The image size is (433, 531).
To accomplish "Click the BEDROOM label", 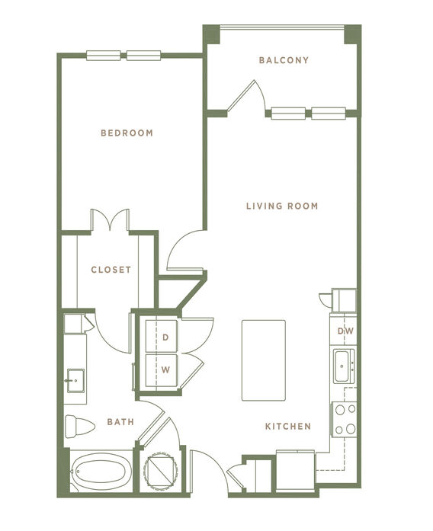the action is coord(127,133).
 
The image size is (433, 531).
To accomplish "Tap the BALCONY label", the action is coord(284,60).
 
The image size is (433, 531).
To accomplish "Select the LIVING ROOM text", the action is coord(282,206).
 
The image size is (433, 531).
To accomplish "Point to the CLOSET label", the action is coord(111,270).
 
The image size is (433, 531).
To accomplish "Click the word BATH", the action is coord(120,421).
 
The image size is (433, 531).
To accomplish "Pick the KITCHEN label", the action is coord(288,426).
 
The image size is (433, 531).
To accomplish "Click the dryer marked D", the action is coord(162,336).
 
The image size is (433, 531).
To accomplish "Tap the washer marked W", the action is coord(162,370).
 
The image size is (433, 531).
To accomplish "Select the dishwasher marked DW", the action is coord(343,331).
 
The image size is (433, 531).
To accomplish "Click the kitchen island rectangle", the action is coord(264,360).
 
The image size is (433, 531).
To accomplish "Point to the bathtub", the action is coord(101,471).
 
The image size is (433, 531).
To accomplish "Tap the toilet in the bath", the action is coord(79,426).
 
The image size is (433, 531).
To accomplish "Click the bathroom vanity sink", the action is coord(75,381).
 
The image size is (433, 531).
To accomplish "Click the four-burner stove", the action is coord(345,419).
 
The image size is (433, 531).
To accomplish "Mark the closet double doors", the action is coord(110,220).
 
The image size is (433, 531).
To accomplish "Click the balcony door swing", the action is coord(246,97).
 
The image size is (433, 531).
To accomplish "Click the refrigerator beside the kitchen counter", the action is coord(296,470).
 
